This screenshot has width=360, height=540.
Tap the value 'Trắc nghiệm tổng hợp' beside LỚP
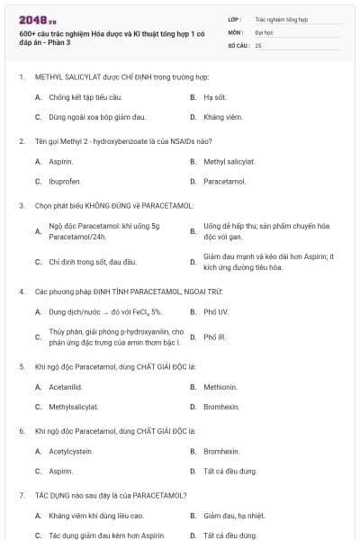point(282,18)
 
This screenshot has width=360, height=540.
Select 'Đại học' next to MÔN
point(265,31)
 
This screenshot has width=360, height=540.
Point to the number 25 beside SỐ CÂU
point(258,44)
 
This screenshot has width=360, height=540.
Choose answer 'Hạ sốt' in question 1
point(213,97)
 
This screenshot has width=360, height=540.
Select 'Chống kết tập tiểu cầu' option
point(85,97)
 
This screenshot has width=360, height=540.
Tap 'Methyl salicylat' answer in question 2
point(229,162)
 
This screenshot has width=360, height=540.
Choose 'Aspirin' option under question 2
point(61,162)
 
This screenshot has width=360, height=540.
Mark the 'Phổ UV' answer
point(216,311)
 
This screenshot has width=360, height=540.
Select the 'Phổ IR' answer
point(215,337)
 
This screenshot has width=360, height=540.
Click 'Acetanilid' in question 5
point(67,387)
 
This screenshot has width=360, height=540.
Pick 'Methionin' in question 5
point(221,387)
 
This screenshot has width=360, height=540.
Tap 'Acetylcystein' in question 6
point(72,451)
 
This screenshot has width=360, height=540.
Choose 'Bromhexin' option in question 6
point(221,451)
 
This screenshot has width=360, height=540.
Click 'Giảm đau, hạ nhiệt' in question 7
point(234,516)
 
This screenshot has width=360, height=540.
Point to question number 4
point(22,292)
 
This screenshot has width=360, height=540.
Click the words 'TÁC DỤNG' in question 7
point(49,495)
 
